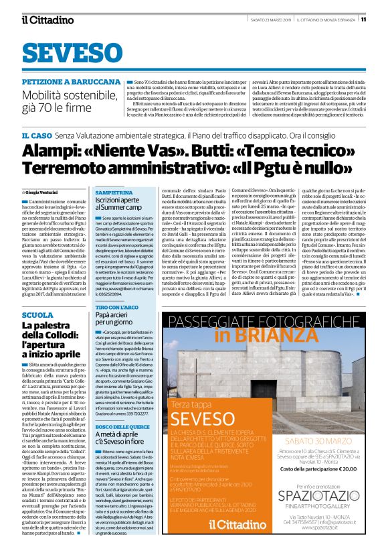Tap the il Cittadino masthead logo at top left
pos(46,19)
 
